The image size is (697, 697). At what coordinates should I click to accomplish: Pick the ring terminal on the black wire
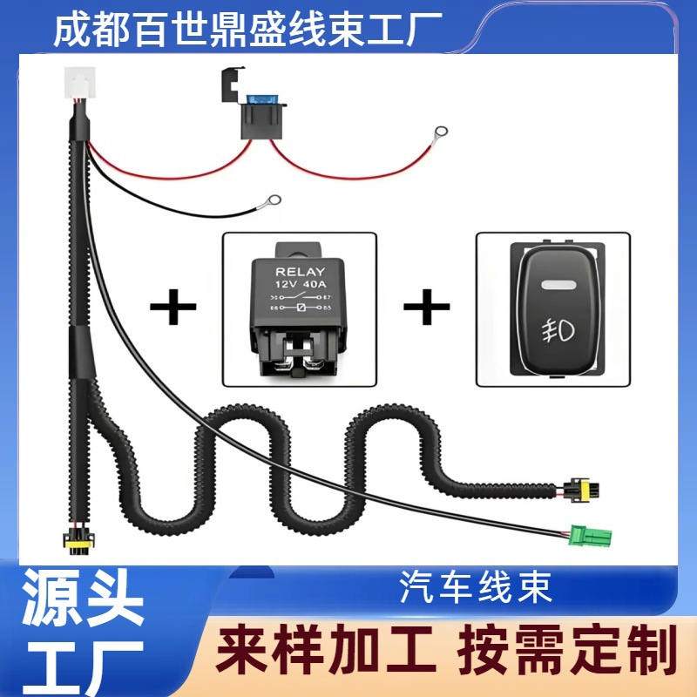coord(274,201)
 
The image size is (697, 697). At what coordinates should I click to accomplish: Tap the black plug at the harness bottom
coord(75,540)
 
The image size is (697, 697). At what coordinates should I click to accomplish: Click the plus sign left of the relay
coord(173,308)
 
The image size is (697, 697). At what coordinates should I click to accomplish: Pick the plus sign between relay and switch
coord(426,308)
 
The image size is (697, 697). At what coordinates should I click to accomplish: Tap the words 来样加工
coord(326,650)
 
